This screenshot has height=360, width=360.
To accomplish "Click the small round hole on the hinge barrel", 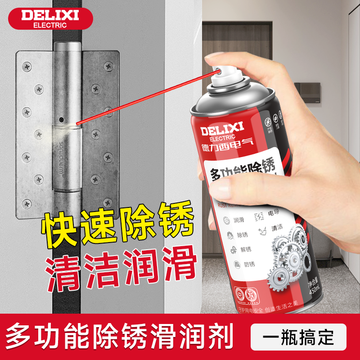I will click(61, 120).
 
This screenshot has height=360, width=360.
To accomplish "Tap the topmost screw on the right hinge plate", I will click(108, 66).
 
